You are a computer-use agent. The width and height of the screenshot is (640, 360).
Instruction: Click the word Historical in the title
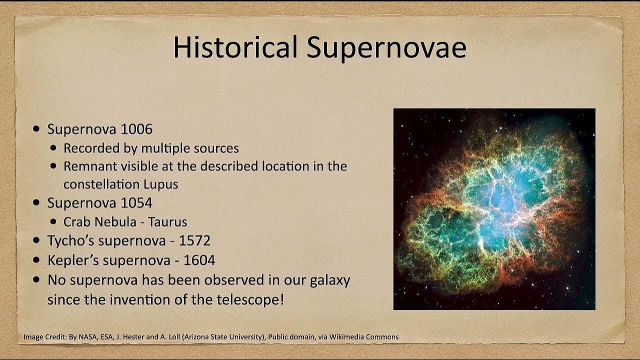click(x=235, y=47)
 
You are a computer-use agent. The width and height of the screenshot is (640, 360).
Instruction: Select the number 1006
click(x=136, y=129)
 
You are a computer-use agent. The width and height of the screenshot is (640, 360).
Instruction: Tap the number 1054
click(x=136, y=202)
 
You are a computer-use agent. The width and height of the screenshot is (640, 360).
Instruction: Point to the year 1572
click(x=194, y=240)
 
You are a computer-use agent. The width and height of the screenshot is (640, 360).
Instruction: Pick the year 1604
click(x=199, y=260)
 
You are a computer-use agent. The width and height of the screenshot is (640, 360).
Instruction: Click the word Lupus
click(x=161, y=184)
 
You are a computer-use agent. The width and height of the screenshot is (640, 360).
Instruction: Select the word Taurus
click(x=167, y=221)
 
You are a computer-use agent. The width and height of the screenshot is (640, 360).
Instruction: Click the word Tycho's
click(x=71, y=240)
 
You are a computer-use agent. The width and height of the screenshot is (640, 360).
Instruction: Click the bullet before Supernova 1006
click(x=36, y=129)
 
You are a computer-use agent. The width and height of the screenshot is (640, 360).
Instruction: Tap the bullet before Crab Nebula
click(x=53, y=221)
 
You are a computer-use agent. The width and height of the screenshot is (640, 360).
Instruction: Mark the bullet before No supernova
click(x=36, y=279)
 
